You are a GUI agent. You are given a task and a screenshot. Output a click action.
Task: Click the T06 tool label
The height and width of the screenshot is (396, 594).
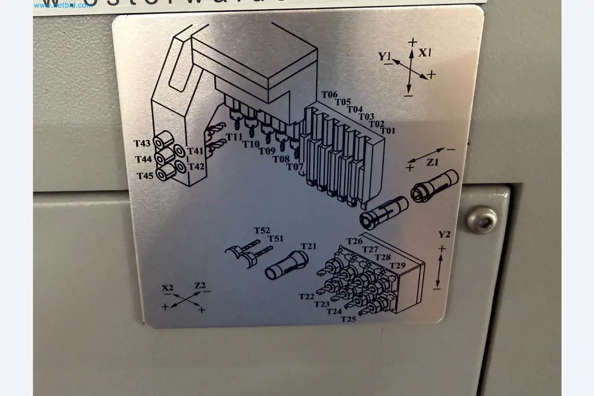329,95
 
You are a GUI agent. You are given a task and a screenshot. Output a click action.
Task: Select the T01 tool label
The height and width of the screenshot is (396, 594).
387,131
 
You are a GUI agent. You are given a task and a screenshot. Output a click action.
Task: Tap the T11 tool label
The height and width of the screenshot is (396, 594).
234,137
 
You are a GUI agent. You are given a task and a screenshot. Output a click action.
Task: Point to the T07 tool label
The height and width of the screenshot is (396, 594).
295,166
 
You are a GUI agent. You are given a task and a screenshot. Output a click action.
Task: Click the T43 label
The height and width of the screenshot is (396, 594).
142,144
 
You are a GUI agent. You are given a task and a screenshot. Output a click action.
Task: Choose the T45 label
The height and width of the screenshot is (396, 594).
145,176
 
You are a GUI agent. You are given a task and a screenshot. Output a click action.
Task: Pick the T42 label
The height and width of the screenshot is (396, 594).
196,166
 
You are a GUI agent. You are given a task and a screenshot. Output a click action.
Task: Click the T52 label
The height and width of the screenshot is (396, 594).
262,230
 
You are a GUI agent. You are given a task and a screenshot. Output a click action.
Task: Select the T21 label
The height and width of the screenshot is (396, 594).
308,246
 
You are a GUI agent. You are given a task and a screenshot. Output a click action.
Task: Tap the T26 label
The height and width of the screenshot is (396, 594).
355,241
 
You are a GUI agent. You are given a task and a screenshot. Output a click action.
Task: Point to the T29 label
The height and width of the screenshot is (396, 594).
397,266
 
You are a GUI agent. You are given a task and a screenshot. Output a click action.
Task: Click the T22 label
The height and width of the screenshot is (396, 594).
307,296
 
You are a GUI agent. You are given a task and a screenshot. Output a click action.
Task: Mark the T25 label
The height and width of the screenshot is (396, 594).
349,319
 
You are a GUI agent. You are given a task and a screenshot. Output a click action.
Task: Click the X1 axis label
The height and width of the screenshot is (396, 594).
425,53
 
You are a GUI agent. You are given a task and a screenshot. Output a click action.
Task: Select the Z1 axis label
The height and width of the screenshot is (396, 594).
433,162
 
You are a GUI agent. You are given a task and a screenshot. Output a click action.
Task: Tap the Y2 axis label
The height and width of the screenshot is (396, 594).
445,234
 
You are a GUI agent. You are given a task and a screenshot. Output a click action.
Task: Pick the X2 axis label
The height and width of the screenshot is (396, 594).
168,288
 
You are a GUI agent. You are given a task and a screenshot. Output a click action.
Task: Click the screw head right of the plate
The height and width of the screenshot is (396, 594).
482,220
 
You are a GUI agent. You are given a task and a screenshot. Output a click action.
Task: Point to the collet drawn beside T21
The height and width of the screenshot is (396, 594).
286,266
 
